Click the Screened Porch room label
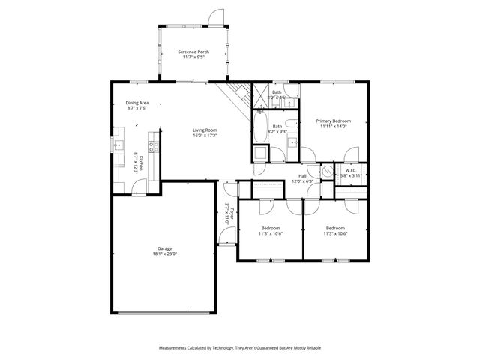(x=193, y=52)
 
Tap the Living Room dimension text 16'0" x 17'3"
(x=204, y=136)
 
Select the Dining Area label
(x=136, y=103)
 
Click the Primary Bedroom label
(x=334, y=121)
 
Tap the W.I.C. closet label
(x=351, y=170)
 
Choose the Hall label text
(x=303, y=176)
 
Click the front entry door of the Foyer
(x=225, y=240)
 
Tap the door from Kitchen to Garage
(x=139, y=191)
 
